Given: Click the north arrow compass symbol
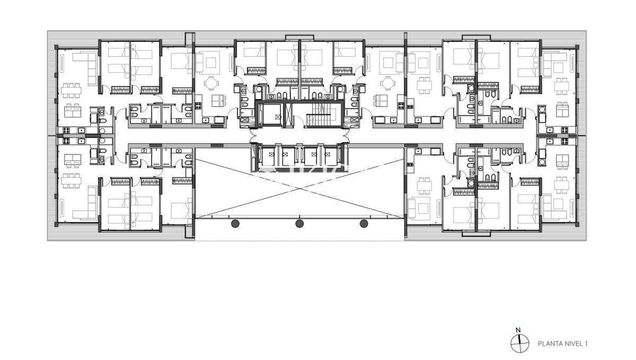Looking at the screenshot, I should pos(520,344).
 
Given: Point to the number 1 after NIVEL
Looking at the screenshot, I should pos(587,344).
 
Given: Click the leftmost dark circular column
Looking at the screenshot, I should pos(235,224).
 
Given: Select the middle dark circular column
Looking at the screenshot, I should pos(299,224).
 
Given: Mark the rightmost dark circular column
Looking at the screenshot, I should pos(364,224).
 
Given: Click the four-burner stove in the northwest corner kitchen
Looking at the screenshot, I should pos(67,130).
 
